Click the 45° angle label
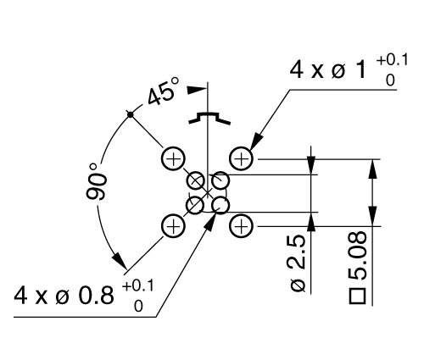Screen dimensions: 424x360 coord(164,91)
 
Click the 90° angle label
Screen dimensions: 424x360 coord(96,182)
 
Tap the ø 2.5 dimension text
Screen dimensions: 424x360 coord(298,263)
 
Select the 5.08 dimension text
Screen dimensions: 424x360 coord(357,256)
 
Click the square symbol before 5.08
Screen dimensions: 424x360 coord(358,296)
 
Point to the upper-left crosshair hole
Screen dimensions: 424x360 coord(173,158)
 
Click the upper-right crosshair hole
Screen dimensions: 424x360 coord(241,158)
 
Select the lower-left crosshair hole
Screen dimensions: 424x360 coord(173,226)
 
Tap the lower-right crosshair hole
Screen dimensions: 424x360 coord(241,226)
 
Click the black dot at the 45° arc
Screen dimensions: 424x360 coord(130,114)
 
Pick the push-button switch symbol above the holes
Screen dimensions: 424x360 coord(209,118)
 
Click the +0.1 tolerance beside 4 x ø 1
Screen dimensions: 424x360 coord(393,60)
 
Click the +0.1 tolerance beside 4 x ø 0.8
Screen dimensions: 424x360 coord(138,286)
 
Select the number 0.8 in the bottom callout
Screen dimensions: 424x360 coord(96,296)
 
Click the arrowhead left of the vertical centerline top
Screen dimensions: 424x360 coord(197,90)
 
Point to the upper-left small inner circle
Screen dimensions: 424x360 coord(196,180)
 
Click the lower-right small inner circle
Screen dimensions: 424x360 coord(220,205)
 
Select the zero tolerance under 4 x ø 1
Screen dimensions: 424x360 coord(390,80)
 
